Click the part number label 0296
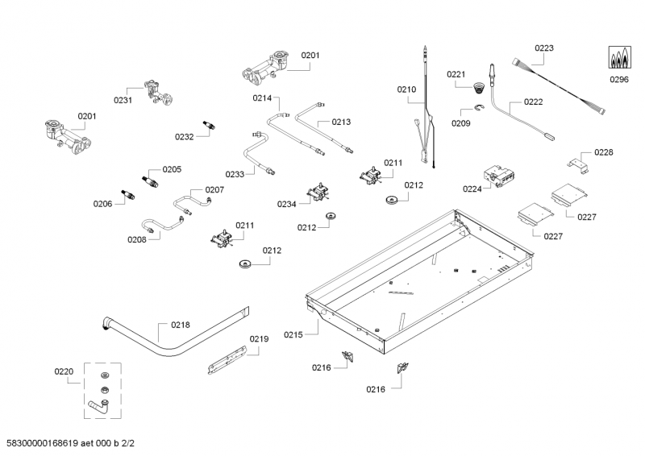[618, 80]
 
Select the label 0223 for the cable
[544, 48]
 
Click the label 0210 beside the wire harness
[407, 89]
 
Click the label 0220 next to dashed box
[64, 371]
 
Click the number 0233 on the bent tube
[235, 174]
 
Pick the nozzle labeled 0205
[150, 179]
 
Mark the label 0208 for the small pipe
[137, 238]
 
